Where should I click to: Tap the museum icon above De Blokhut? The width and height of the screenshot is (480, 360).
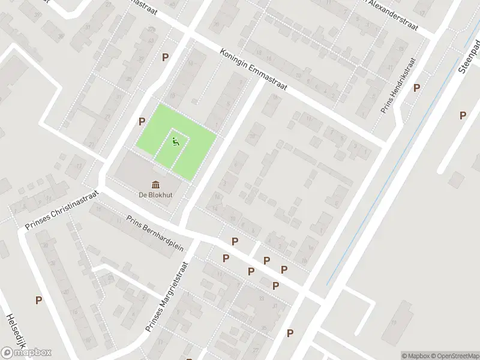point(155,184)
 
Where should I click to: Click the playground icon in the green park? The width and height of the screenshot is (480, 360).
point(175,142)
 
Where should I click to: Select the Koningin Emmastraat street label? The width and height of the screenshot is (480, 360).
point(253,70)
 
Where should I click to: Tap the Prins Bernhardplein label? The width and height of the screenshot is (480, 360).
point(155,233)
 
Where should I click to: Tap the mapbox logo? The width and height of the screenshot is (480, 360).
point(26,352)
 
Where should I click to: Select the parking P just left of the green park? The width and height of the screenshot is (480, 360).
point(142,121)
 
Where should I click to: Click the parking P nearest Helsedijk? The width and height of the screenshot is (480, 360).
point(38,300)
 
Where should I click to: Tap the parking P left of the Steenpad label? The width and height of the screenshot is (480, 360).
point(463,116)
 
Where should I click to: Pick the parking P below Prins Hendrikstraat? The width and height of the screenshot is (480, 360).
point(416,88)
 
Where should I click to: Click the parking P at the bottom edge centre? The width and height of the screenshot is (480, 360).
point(290,333)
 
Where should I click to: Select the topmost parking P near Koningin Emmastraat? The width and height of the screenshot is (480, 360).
point(165,57)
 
